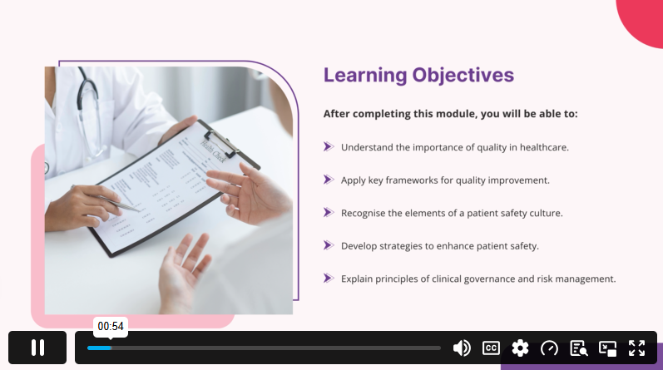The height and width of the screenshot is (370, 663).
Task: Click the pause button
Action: coord(37,348)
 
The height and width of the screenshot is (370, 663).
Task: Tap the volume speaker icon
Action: coord(462,348)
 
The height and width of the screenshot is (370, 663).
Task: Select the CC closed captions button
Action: coord(491,348)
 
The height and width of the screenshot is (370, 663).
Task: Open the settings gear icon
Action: coord(520,348)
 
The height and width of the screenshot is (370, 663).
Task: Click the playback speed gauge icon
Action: coord(549,348)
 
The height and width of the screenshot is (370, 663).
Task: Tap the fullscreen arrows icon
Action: coord(636,348)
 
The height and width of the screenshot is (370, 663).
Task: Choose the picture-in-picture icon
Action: coord(607,348)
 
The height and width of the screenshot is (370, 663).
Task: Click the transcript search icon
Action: coord(578,348)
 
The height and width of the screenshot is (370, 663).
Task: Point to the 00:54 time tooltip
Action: coord(111,327)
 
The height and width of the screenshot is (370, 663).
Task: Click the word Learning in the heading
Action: coord(365,76)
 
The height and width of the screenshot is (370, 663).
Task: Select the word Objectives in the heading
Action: coord(463,76)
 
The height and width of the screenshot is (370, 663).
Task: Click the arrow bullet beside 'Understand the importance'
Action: coord(329,146)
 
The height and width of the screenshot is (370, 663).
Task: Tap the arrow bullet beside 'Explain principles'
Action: coord(329,279)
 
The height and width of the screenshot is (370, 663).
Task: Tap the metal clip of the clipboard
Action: coord(221,142)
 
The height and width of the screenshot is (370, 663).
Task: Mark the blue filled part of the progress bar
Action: coord(99,348)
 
